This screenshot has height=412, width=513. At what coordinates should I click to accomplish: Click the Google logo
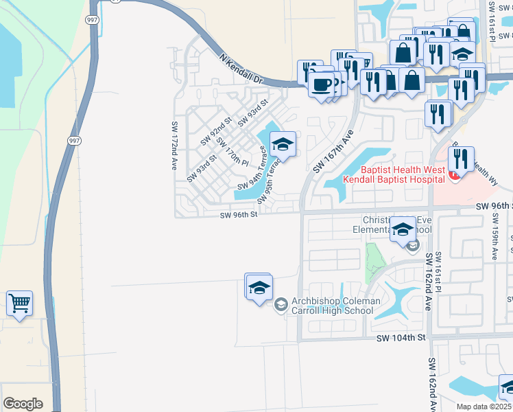[x=23, y=404]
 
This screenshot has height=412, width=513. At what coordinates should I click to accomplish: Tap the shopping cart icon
[x=19, y=303]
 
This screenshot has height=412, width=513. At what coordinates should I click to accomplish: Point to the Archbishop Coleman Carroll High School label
[x=335, y=306]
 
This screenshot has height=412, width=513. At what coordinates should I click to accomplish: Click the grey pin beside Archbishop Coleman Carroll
[x=281, y=304]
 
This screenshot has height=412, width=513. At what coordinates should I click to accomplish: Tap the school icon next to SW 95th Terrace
[x=282, y=144]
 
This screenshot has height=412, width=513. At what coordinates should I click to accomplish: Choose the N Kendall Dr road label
[x=242, y=70]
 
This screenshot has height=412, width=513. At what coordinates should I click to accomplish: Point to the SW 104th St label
[x=401, y=338]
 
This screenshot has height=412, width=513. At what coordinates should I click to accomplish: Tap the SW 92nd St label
[x=217, y=130]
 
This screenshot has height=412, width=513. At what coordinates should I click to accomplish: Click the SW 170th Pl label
[x=232, y=152]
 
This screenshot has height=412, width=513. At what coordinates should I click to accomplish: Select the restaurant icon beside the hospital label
[x=461, y=160]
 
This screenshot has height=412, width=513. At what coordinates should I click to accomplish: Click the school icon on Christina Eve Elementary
[x=403, y=229]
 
